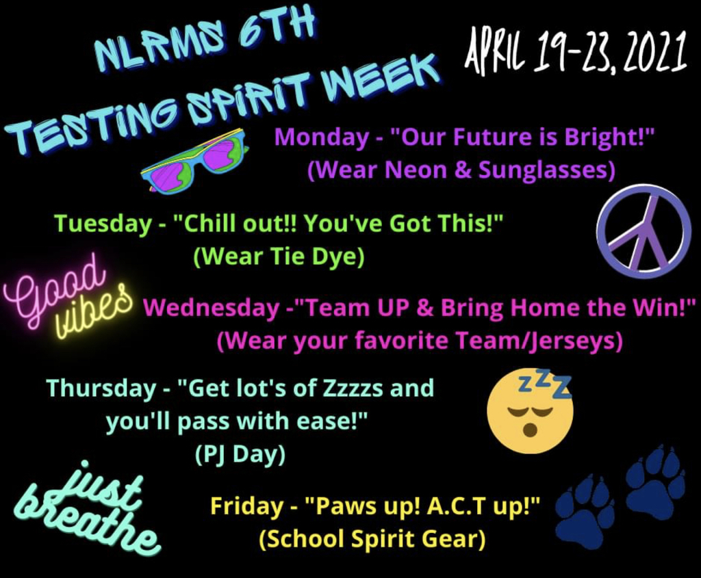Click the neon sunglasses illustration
point(193,160)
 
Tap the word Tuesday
point(103,224)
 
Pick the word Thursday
point(101,388)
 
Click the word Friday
point(246,506)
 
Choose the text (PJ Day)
point(240,455)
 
